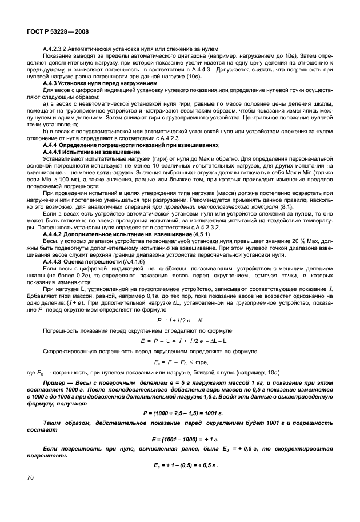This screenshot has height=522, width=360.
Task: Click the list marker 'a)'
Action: click(x=46, y=102)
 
